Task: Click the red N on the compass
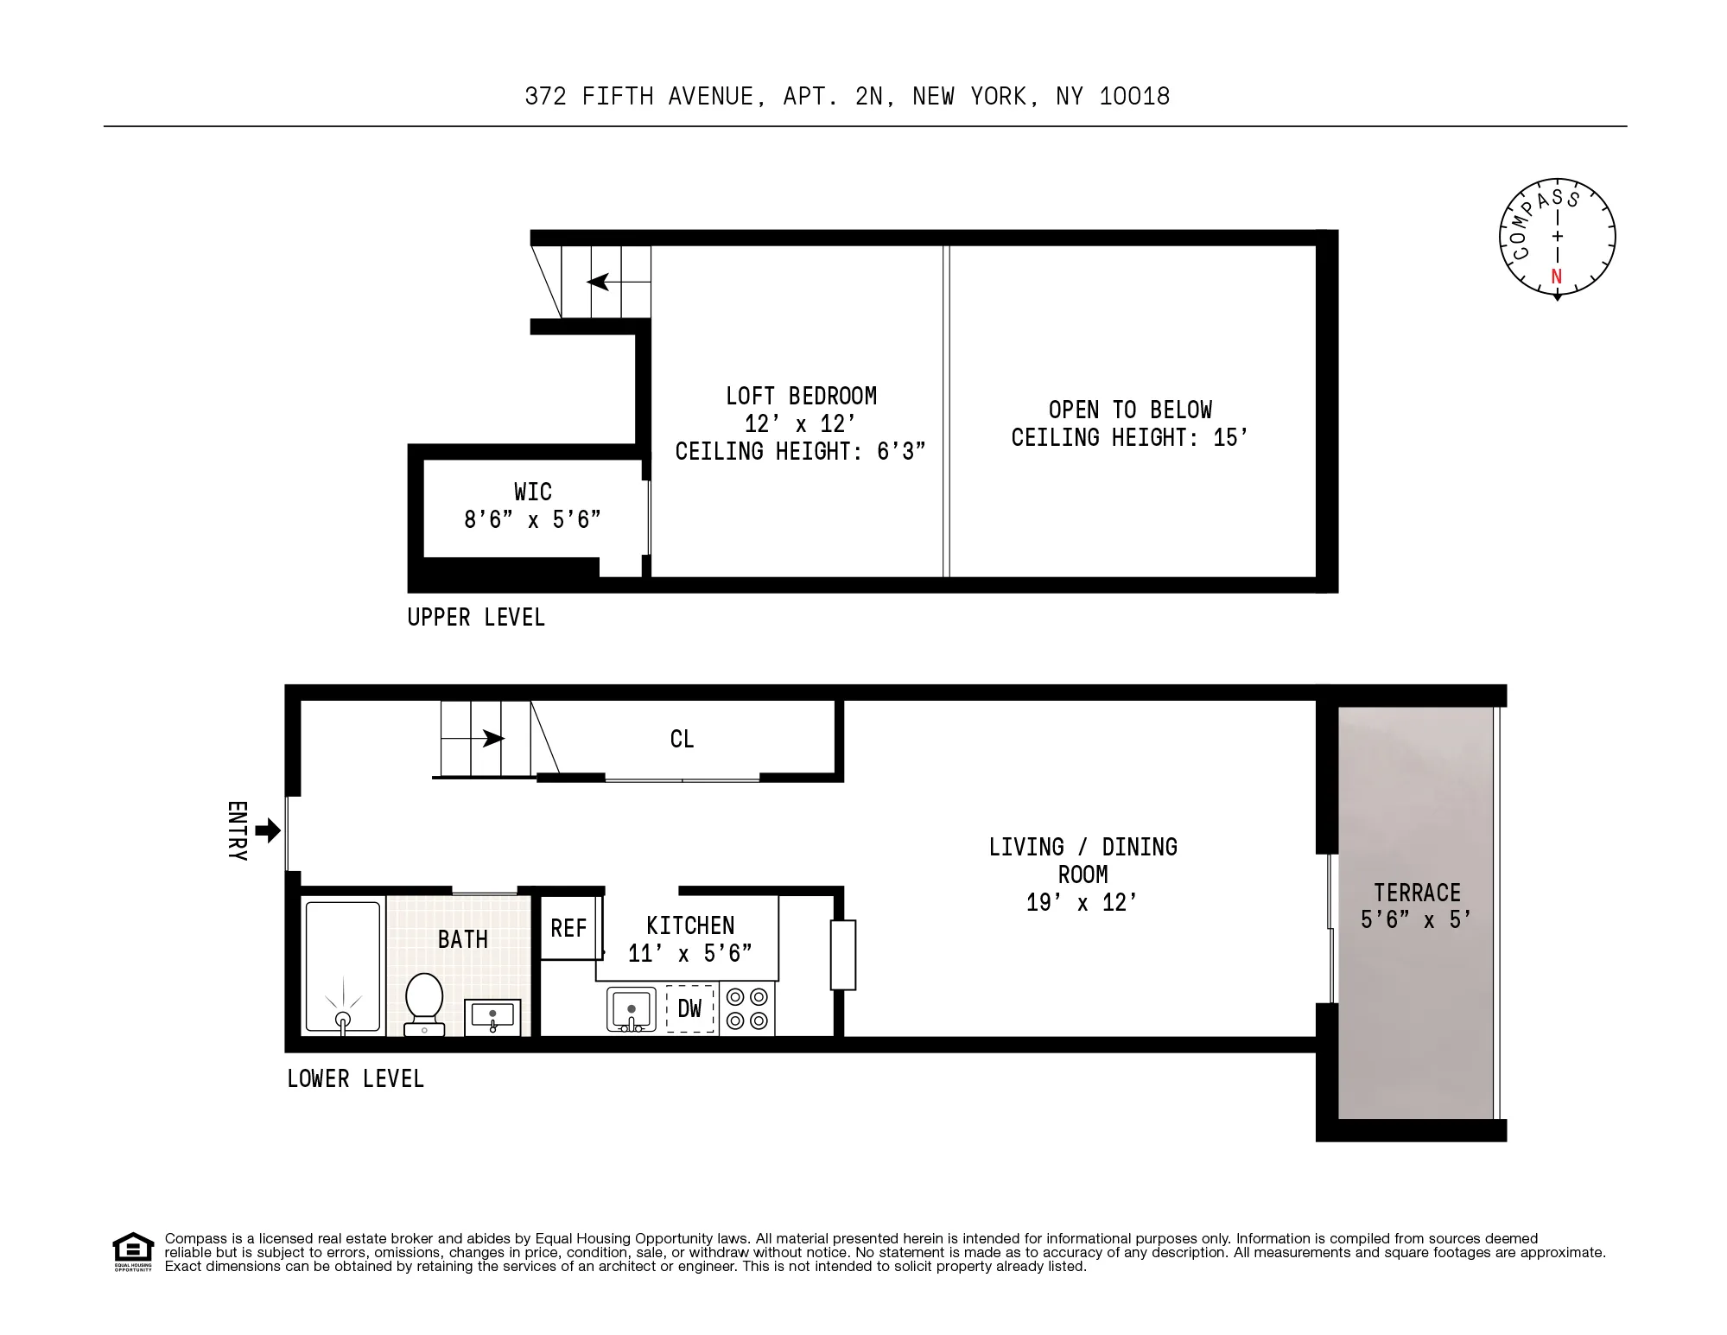point(1557,277)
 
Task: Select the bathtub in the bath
point(343,967)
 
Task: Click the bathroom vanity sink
point(492,1016)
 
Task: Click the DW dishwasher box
point(689,1008)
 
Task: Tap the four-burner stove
point(747,1008)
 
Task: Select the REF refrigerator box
point(568,928)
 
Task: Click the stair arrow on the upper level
point(598,282)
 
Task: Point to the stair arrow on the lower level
point(492,738)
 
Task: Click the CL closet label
point(682,740)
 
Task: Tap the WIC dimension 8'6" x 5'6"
point(532,519)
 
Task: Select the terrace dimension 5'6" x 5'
point(1416,920)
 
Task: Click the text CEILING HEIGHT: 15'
point(1129,438)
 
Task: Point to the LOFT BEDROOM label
point(801,397)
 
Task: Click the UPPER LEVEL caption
point(476,618)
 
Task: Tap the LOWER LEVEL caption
point(355,1079)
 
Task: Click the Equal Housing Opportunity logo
point(132,1252)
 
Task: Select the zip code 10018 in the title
point(1134,96)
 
